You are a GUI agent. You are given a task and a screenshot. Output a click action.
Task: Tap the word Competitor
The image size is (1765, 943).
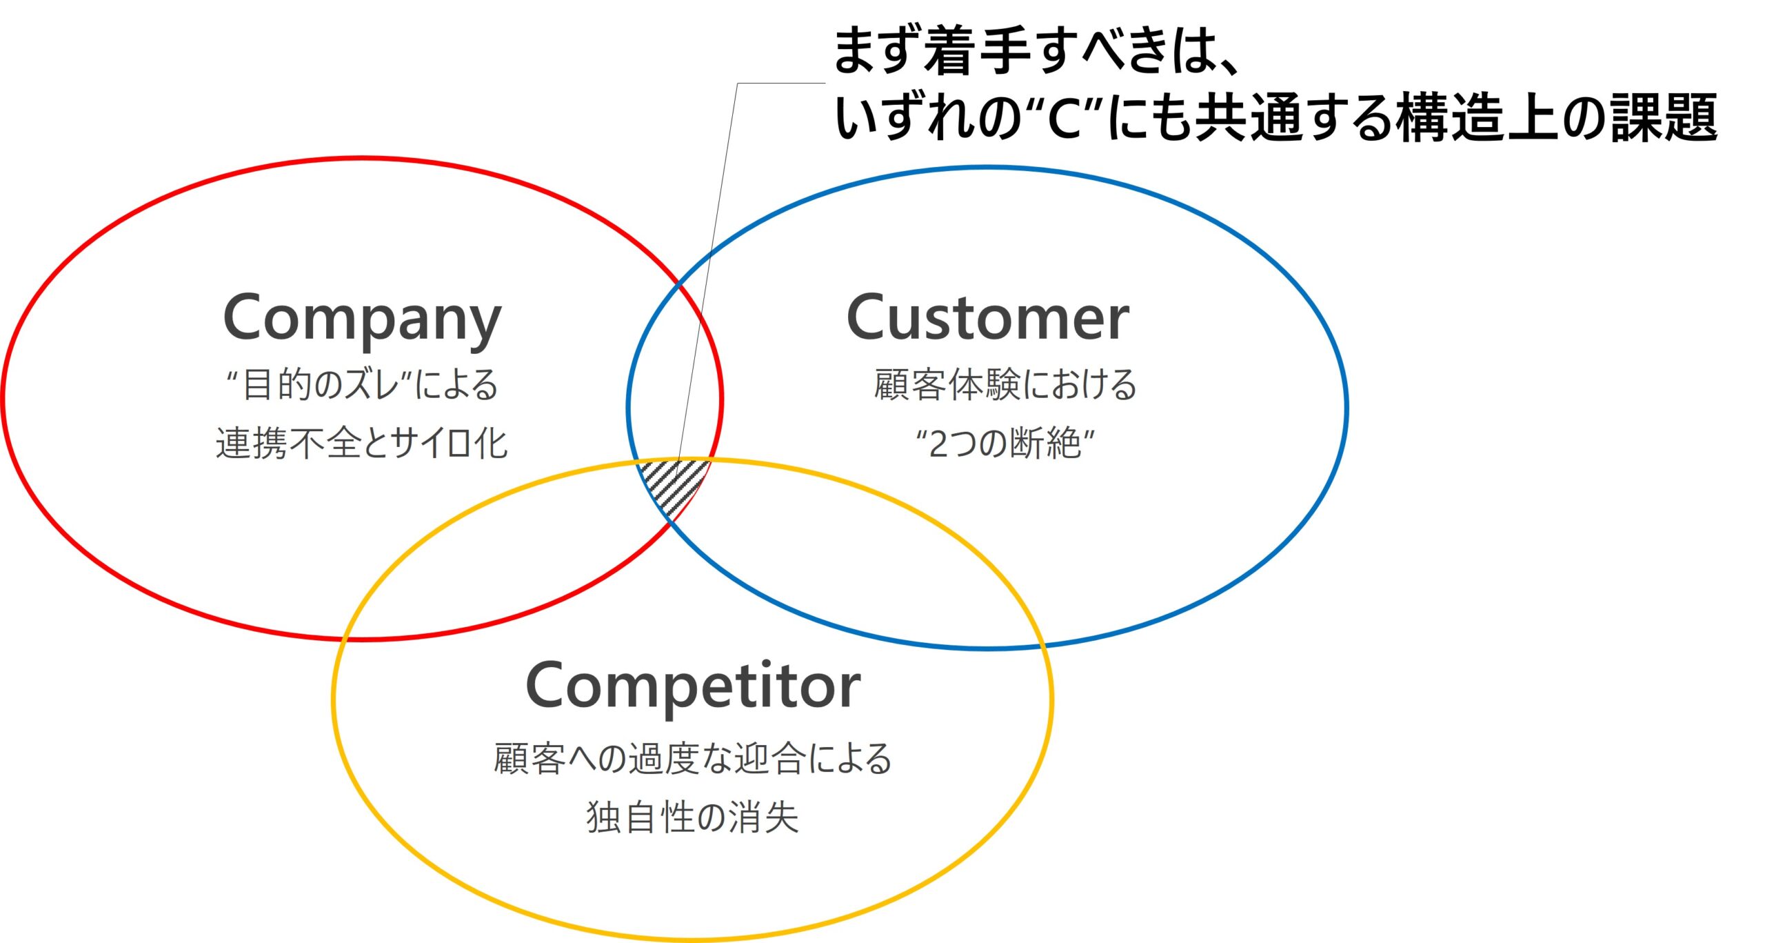693,686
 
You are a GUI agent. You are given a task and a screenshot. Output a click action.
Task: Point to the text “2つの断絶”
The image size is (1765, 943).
1005,444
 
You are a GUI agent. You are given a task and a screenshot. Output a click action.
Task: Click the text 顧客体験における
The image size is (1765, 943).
1005,384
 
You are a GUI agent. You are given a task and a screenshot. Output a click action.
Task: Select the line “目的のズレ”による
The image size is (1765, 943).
363,384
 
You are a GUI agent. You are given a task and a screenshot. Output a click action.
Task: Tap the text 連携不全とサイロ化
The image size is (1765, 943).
362,444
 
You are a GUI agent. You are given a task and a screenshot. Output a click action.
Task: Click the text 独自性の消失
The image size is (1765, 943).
692,818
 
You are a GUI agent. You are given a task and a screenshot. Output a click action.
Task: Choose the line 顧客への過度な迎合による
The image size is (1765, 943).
693,759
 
